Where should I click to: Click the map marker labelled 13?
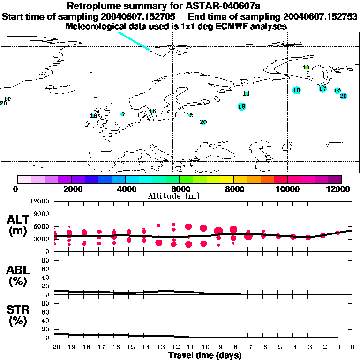pyautogui.click(x=306, y=67)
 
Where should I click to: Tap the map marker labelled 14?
pyautogui.click(x=247, y=94)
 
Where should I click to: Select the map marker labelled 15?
pyautogui.click(x=190, y=115)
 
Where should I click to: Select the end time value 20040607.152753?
pyautogui.click(x=325, y=17)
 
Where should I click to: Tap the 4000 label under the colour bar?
pyautogui.click(x=126, y=189)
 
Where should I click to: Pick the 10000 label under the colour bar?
pyautogui.click(x=287, y=189)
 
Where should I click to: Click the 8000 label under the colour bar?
pyautogui.click(x=233, y=189)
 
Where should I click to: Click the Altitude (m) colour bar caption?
pyautogui.click(x=180, y=196)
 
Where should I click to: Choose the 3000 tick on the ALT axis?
pyautogui.click(x=42, y=239)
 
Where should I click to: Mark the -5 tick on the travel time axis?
pyautogui.click(x=278, y=347)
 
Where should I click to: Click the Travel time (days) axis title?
pyautogui.click(x=205, y=356)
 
